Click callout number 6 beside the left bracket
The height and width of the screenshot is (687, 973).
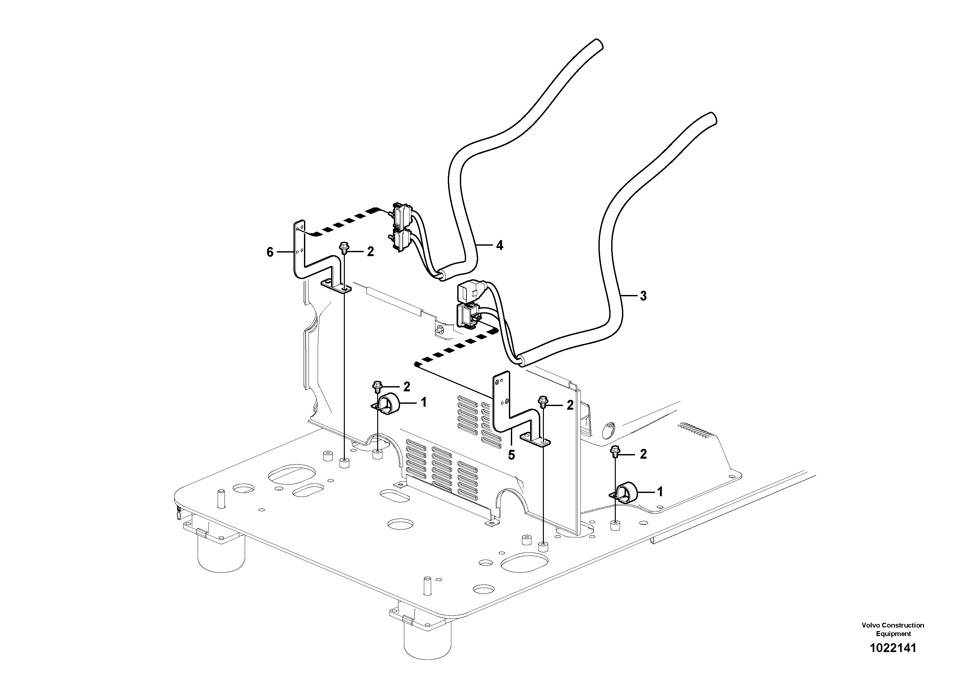270,253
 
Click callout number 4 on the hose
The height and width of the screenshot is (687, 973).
500,245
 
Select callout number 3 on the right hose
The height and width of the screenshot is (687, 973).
643,296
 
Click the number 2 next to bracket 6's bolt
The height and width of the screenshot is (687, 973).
370,252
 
